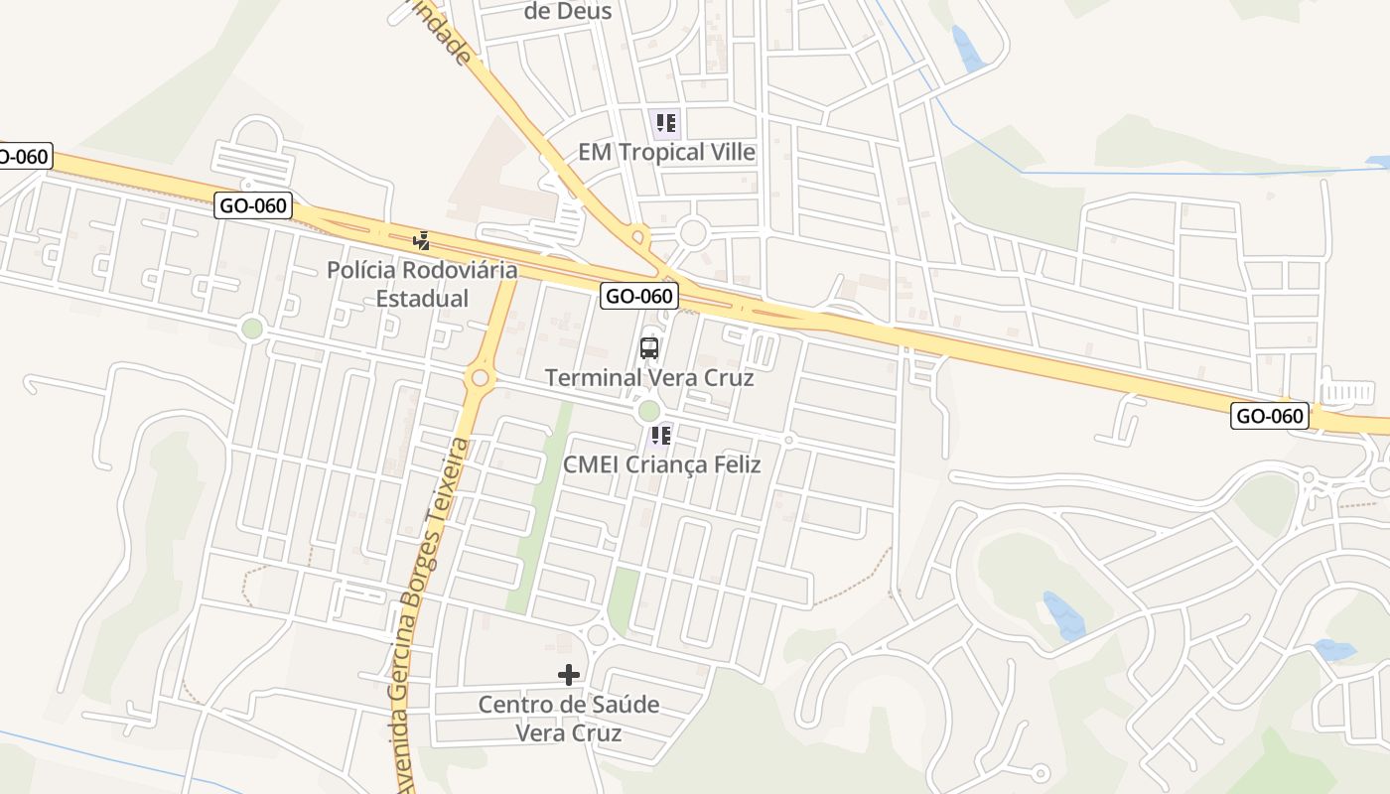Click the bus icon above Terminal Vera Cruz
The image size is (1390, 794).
649,348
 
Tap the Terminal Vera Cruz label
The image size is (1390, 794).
649,378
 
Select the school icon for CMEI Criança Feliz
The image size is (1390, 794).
661,435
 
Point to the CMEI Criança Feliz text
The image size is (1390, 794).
661,464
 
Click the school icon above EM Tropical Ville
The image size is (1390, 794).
665,123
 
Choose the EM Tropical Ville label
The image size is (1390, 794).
667,153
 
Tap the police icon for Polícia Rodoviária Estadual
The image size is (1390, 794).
422,240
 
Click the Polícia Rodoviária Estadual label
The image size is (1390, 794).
422,284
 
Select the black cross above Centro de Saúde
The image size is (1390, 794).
569,675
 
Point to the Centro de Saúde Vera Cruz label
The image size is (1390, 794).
569,719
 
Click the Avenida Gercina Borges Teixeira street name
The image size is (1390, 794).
428,615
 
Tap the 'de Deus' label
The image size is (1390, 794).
568,12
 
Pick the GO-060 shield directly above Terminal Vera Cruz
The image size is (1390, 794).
639,296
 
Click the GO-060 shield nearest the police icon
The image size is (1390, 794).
253,206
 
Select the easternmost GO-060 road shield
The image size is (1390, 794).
1269,416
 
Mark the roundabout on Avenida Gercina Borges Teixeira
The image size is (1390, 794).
482,378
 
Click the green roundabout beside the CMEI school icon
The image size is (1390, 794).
648,410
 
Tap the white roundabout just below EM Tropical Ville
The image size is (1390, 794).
693,233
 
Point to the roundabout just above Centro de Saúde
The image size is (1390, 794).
597,635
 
